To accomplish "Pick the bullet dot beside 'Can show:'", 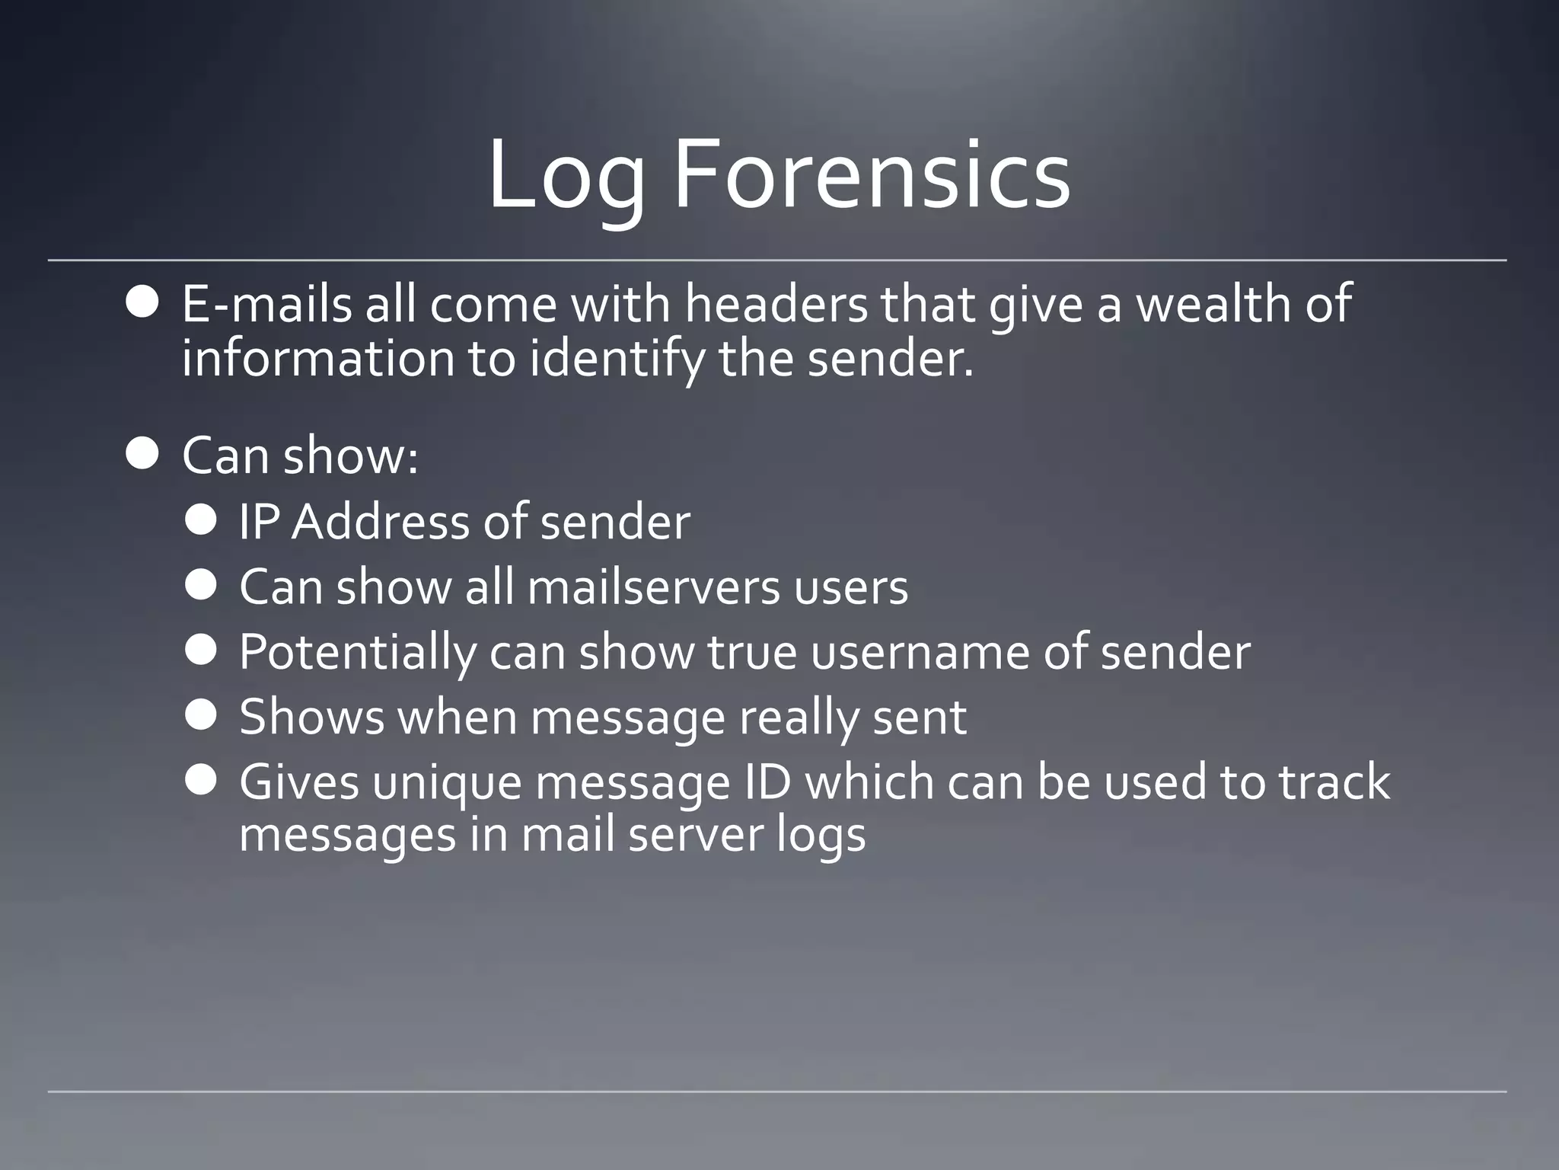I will click(142, 455).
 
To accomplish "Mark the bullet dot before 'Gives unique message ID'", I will click(201, 780).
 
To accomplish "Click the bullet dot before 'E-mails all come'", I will click(142, 303).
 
